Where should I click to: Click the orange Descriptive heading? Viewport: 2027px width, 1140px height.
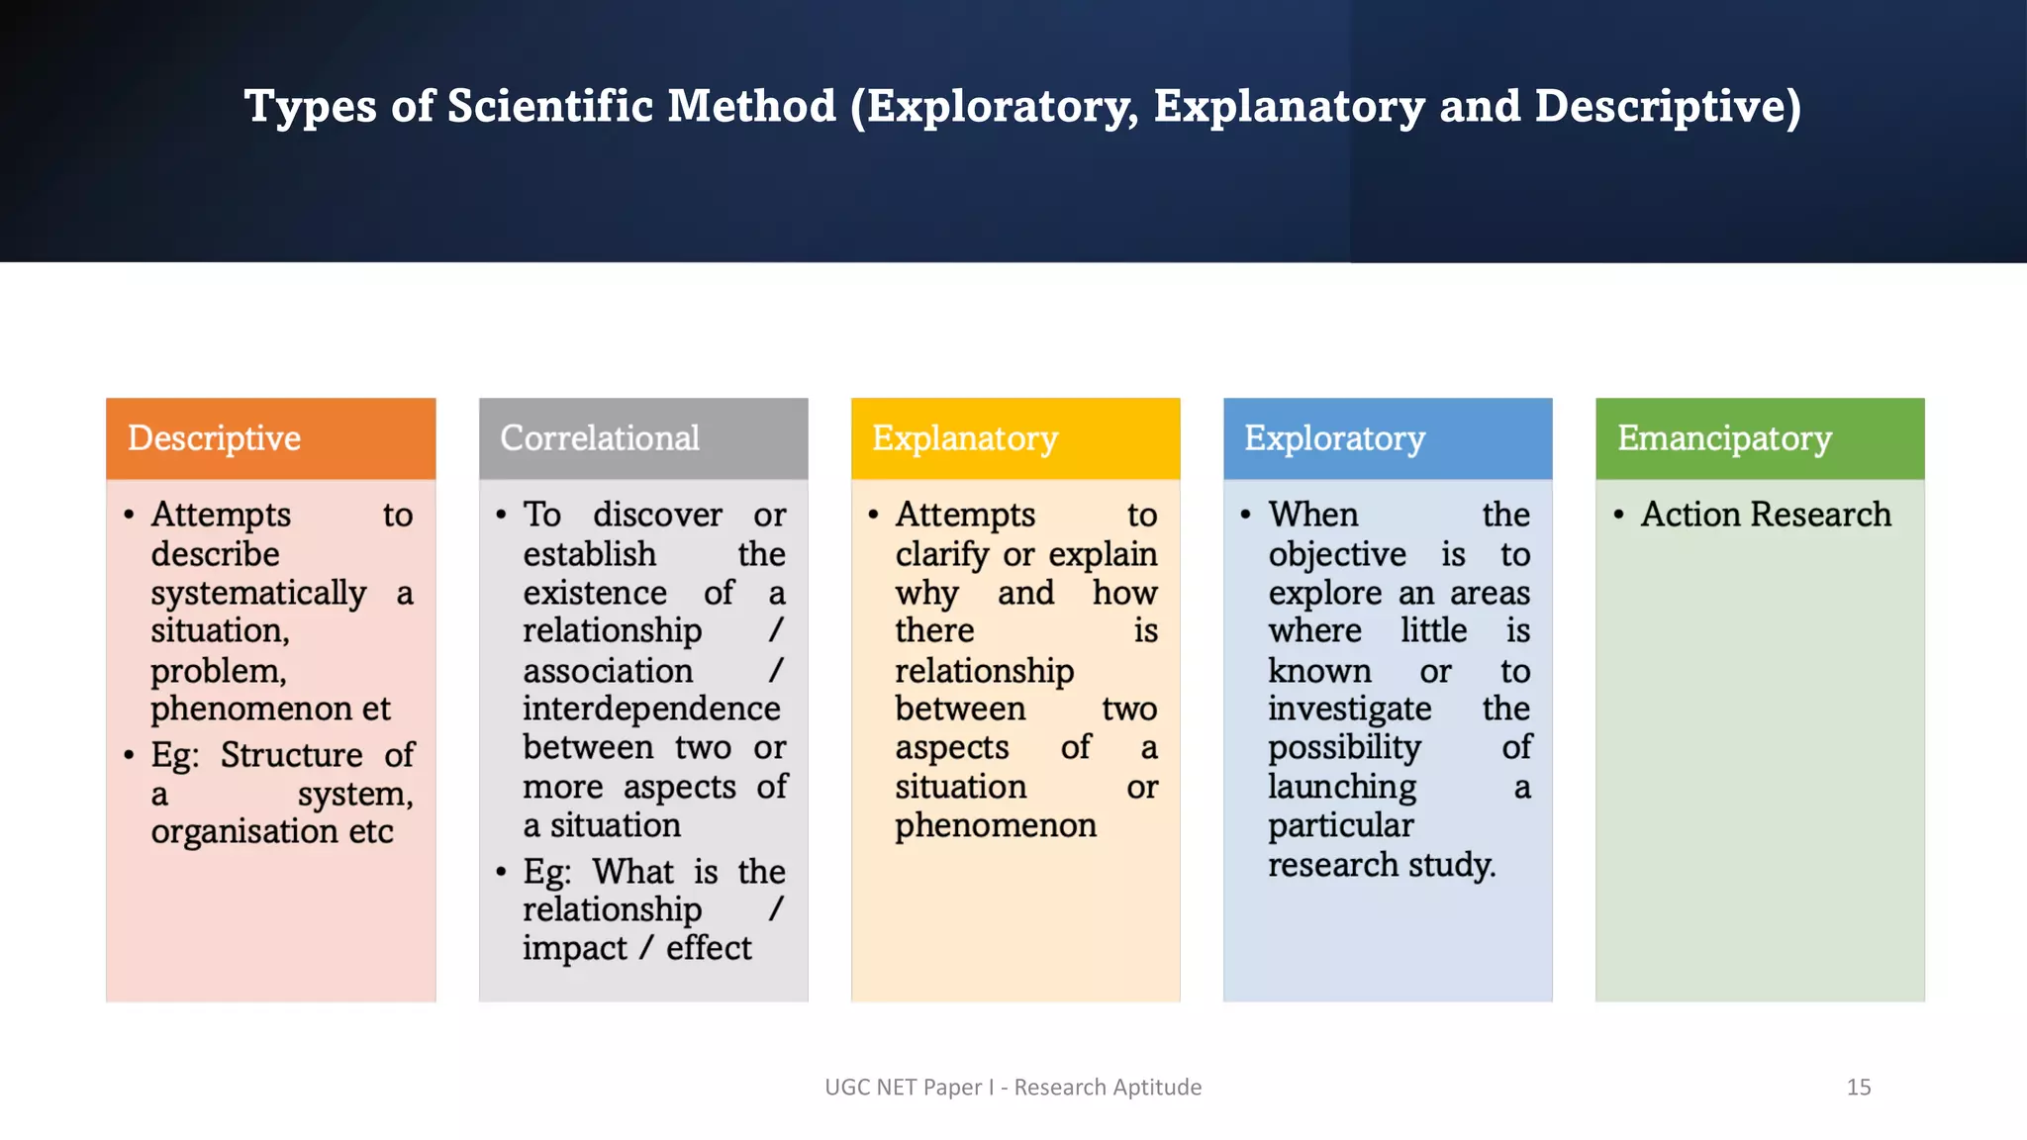coord(214,438)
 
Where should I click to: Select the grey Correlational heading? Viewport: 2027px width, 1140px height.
coord(600,438)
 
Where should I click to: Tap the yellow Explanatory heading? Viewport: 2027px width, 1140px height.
coord(965,438)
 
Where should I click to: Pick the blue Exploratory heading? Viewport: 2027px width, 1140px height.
coord(1334,438)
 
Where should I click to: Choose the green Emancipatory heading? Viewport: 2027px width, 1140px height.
coord(1724,438)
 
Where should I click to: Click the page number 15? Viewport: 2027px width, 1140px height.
coord(1858,1088)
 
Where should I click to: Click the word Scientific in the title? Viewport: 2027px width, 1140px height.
coord(551,106)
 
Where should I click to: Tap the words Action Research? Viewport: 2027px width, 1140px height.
coord(1766,515)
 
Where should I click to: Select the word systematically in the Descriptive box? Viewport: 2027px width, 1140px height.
coord(258,594)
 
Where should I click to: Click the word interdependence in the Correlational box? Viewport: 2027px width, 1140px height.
coord(651,709)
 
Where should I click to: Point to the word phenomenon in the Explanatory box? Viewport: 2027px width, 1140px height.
coord(996,825)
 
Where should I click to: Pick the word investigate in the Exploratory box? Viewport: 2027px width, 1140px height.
coord(1350,709)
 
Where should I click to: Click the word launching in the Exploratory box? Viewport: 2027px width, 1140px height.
coord(1342,788)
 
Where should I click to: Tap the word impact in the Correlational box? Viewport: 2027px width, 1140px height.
coord(574,948)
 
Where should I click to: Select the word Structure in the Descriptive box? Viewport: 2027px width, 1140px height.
coord(291,755)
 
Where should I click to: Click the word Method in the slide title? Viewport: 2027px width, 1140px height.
coord(751,106)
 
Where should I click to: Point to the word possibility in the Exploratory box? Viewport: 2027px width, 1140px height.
coord(1344,748)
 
